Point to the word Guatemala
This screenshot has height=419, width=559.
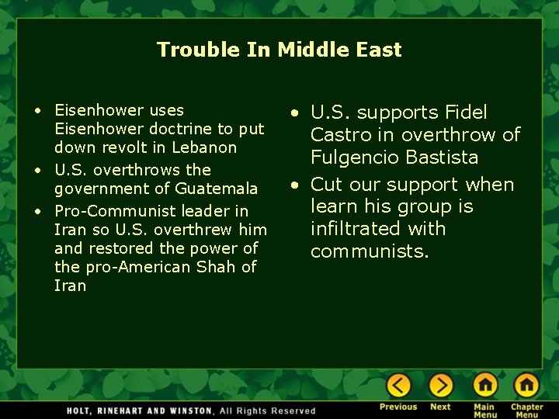(216, 189)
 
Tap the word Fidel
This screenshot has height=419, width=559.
(466, 113)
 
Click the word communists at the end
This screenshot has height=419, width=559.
(369, 251)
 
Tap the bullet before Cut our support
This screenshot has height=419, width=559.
(296, 185)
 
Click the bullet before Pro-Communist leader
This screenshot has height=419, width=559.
(38, 211)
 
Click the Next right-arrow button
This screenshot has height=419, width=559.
(440, 385)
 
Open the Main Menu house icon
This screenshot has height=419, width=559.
(485, 385)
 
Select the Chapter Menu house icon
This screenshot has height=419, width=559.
(526, 385)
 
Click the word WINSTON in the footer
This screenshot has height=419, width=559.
(189, 410)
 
